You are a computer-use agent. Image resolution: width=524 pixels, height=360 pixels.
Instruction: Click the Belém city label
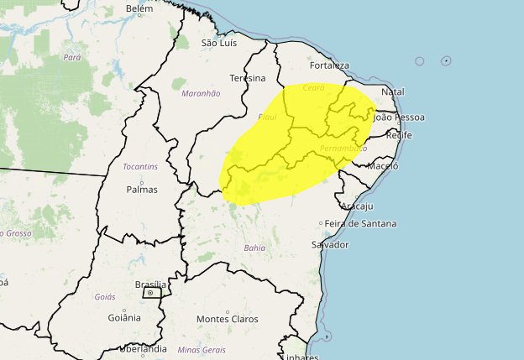pyautogui.click(x=139, y=9)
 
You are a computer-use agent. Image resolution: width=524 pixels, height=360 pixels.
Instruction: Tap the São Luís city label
pyautogui.click(x=221, y=43)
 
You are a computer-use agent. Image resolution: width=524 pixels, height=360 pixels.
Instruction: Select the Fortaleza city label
pyautogui.click(x=329, y=65)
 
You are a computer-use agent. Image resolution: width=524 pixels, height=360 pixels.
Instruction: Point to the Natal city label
pyautogui.click(x=393, y=91)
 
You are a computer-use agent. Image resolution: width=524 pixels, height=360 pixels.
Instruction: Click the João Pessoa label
pyautogui.click(x=399, y=117)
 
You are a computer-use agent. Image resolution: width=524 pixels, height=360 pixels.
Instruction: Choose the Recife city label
pyautogui.click(x=398, y=135)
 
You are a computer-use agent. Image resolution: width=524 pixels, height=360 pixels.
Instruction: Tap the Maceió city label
pyautogui.click(x=383, y=166)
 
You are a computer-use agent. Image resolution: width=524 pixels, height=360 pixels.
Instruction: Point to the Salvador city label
pyautogui.click(x=329, y=244)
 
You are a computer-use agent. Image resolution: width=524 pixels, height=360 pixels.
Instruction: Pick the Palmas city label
pyautogui.click(x=142, y=189)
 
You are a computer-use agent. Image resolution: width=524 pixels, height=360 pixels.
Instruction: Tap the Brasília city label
pyautogui.click(x=151, y=285)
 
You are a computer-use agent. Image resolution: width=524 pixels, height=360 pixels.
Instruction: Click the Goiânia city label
pyautogui.click(x=124, y=317)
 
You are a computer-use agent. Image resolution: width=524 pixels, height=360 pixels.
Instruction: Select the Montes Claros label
pyautogui.click(x=228, y=319)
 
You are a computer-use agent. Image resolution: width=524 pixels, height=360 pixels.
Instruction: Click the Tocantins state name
pyautogui.click(x=139, y=167)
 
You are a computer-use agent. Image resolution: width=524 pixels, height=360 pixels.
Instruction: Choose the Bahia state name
pyautogui.click(x=254, y=248)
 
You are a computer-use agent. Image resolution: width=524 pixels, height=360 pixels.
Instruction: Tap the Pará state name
pyautogui.click(x=71, y=58)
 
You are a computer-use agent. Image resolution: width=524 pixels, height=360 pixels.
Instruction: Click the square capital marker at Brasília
pyautogui.click(x=150, y=294)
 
